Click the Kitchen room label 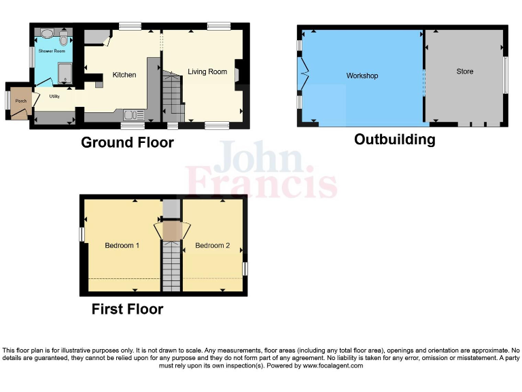[124, 75]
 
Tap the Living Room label [207, 71]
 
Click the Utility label [54, 97]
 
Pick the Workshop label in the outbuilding [362, 76]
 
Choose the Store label [465, 71]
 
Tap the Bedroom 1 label [122, 245]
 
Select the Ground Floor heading [127, 142]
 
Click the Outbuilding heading [394, 140]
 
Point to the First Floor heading [127, 309]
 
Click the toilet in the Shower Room [64, 35]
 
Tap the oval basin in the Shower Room [46, 33]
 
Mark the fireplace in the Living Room [238, 72]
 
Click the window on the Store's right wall [504, 75]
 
